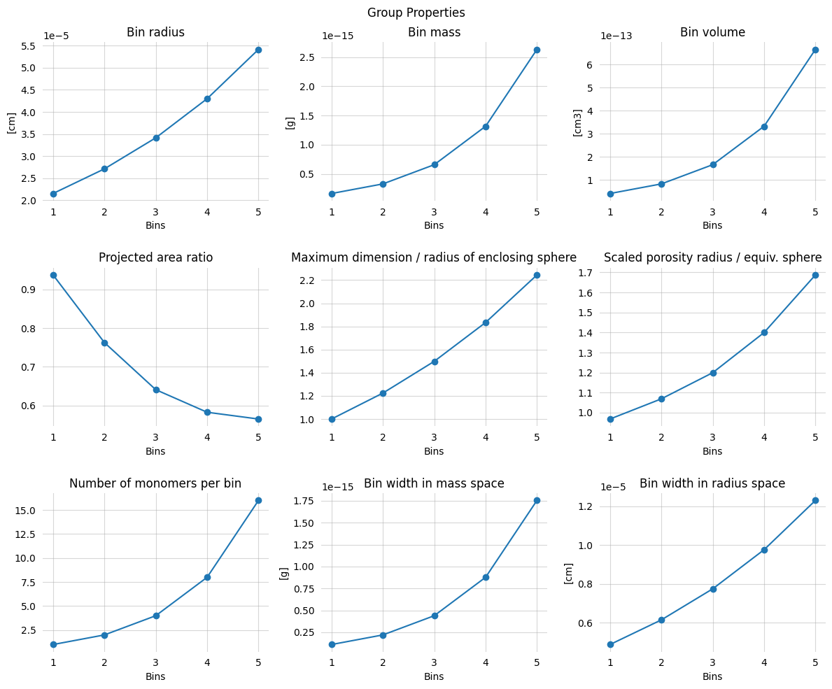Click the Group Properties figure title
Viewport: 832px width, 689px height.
coord(416,13)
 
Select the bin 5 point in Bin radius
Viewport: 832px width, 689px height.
coord(258,50)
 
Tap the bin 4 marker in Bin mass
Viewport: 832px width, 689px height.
coord(486,127)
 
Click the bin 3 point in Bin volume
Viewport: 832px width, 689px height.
coord(713,164)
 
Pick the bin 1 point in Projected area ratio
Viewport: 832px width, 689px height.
coord(53,275)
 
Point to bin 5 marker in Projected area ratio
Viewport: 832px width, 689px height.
coord(258,419)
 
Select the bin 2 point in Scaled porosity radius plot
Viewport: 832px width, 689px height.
coord(661,399)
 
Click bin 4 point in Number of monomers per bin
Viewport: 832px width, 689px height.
coord(207,577)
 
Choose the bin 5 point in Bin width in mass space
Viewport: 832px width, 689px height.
coord(537,500)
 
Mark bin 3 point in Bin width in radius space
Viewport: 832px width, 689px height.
coord(713,589)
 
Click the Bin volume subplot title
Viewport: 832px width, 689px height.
coord(712,32)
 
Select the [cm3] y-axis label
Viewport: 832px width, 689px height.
coord(577,122)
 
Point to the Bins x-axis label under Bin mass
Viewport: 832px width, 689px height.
coord(434,225)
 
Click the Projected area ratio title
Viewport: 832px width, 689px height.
coord(155,257)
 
